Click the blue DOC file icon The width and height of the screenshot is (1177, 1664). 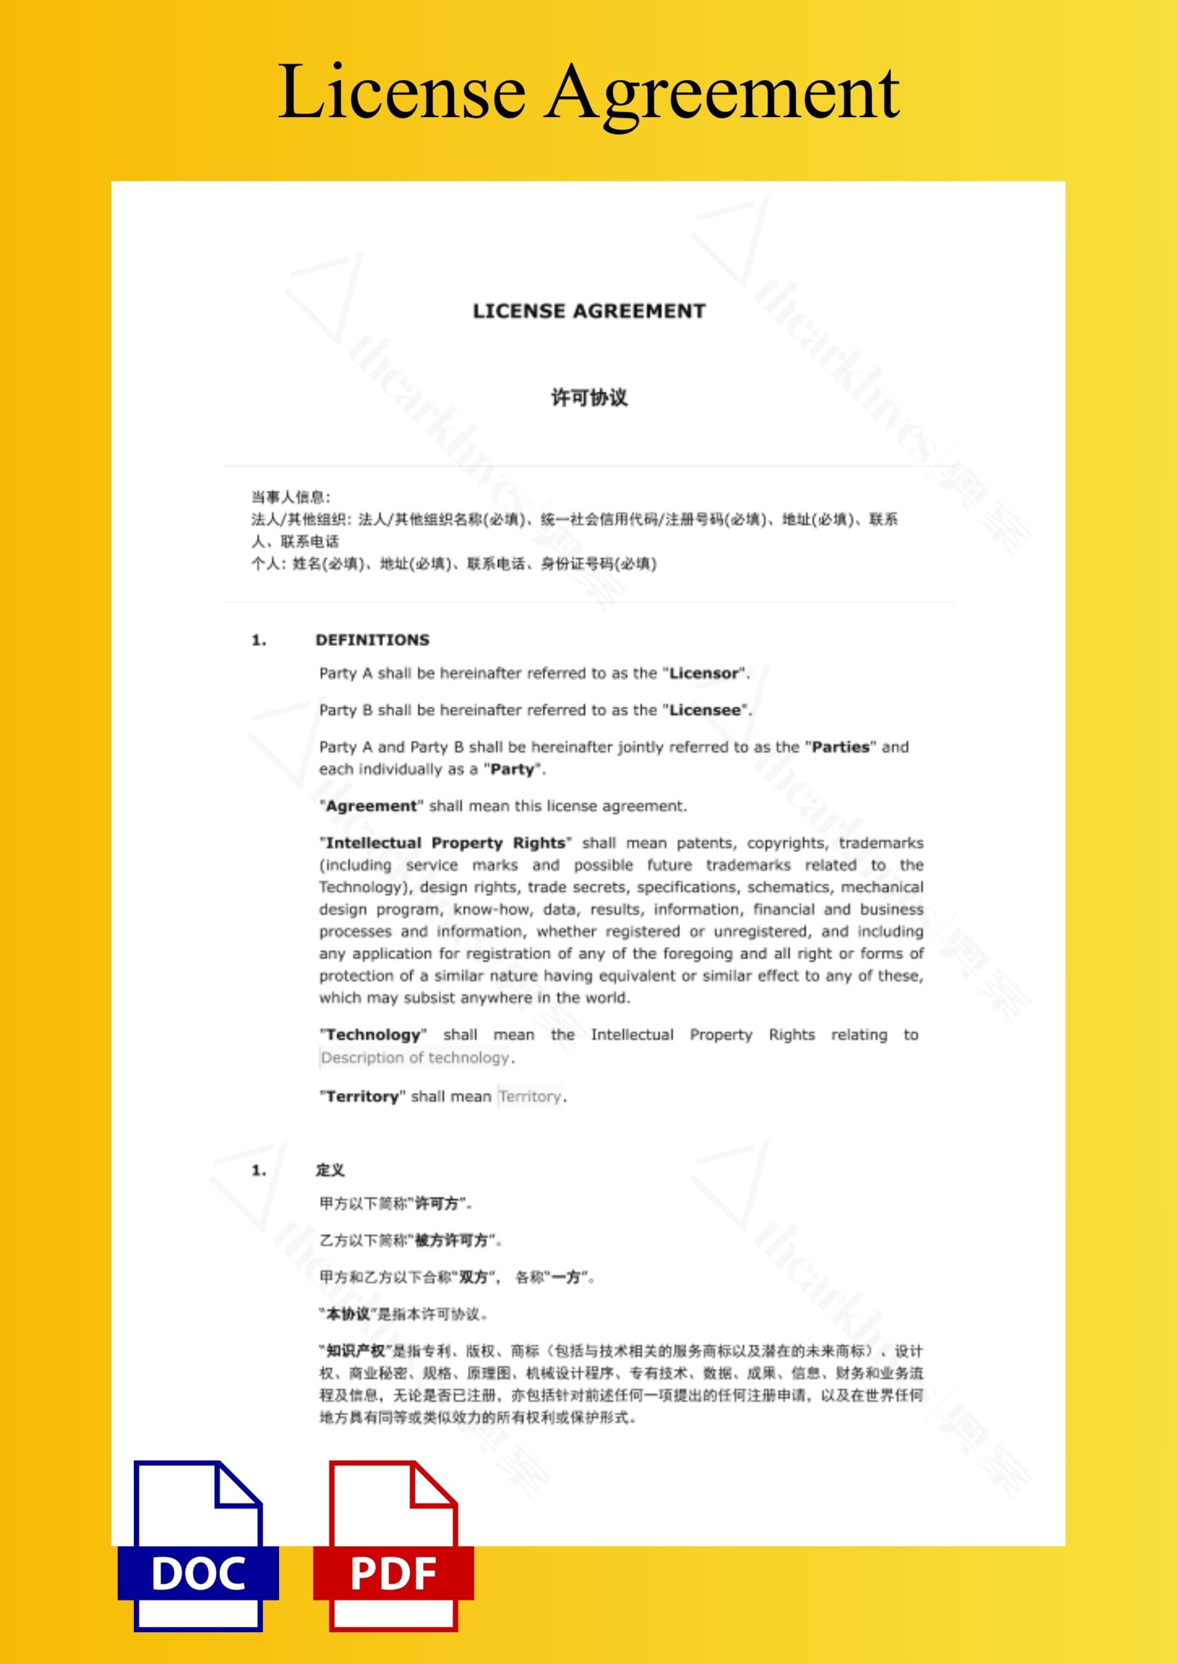(198, 1557)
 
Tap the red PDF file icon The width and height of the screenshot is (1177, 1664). (393, 1557)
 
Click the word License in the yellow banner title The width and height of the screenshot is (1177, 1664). (401, 93)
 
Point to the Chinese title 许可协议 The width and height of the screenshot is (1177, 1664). (589, 397)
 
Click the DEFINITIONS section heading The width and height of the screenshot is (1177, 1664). (372, 640)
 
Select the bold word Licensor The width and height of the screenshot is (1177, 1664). (703, 673)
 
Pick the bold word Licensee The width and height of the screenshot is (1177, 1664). (704, 710)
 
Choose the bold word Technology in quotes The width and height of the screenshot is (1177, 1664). (373, 1034)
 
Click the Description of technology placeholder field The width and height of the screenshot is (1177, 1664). (416, 1058)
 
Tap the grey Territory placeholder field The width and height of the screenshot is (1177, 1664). (530, 1097)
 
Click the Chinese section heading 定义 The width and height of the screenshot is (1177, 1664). (330, 1170)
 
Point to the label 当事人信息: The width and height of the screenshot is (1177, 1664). (291, 497)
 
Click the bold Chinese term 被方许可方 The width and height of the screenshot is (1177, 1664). (451, 1240)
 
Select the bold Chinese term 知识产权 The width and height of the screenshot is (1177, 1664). (354, 1351)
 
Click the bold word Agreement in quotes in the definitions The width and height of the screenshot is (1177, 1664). (371, 806)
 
